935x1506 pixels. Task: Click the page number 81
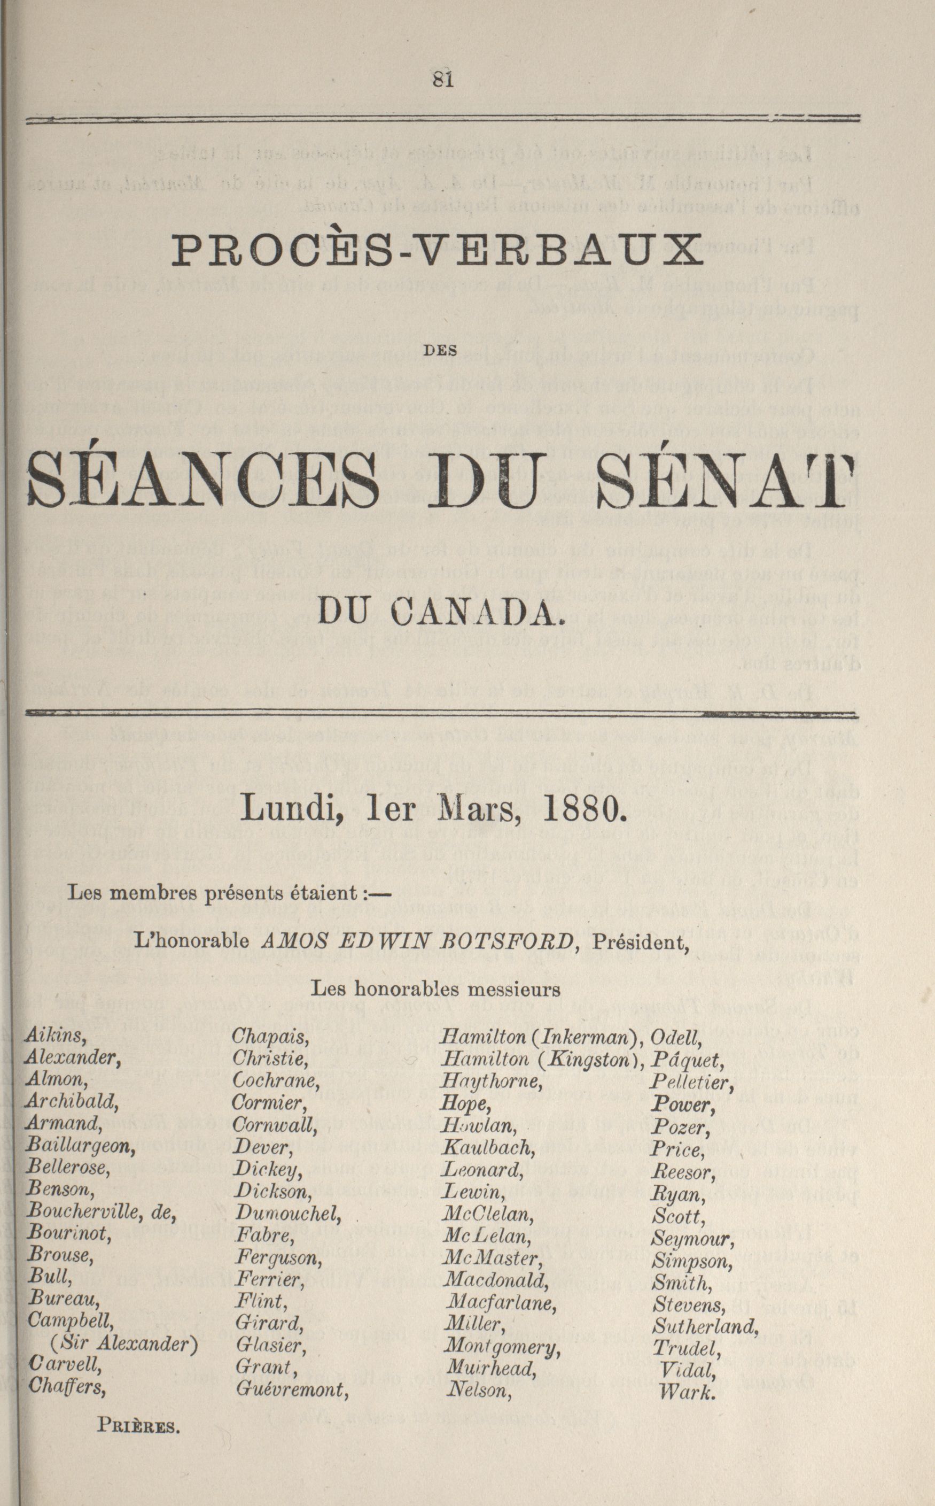click(x=443, y=80)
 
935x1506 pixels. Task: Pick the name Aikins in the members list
click(x=55, y=1037)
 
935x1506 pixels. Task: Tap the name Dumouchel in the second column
click(x=287, y=1214)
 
